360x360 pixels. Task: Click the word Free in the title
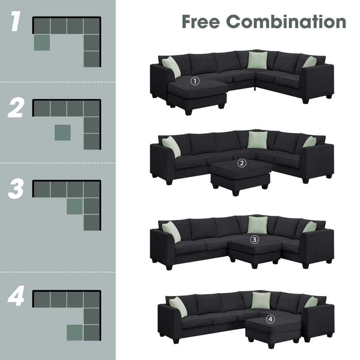(201, 21)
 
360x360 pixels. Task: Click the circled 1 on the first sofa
(195, 81)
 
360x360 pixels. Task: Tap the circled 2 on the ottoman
(242, 163)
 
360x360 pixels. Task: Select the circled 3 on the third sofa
(254, 240)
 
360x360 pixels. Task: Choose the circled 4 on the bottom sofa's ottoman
(270, 319)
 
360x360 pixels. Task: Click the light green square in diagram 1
(42, 42)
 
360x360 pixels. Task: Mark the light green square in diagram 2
(63, 133)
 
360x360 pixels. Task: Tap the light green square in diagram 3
(75, 206)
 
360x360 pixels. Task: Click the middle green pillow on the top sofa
(257, 59)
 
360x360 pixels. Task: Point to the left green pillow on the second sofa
(171, 146)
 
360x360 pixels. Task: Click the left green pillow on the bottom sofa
(178, 306)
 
